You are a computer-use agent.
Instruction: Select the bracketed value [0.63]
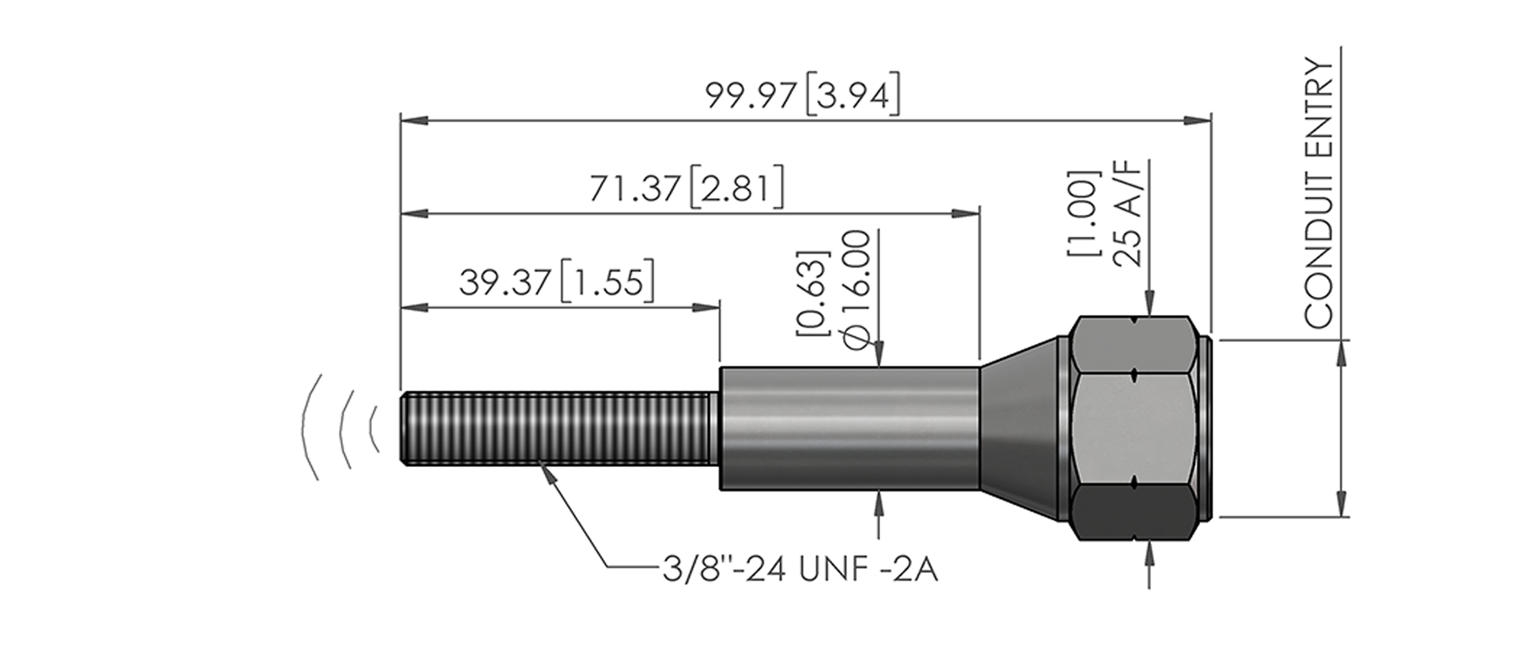[x=813, y=293]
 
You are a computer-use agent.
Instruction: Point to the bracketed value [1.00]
[x=1084, y=213]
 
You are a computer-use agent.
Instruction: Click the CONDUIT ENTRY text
[x=1319, y=193]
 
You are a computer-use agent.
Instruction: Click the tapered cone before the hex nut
[x=1019, y=429]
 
